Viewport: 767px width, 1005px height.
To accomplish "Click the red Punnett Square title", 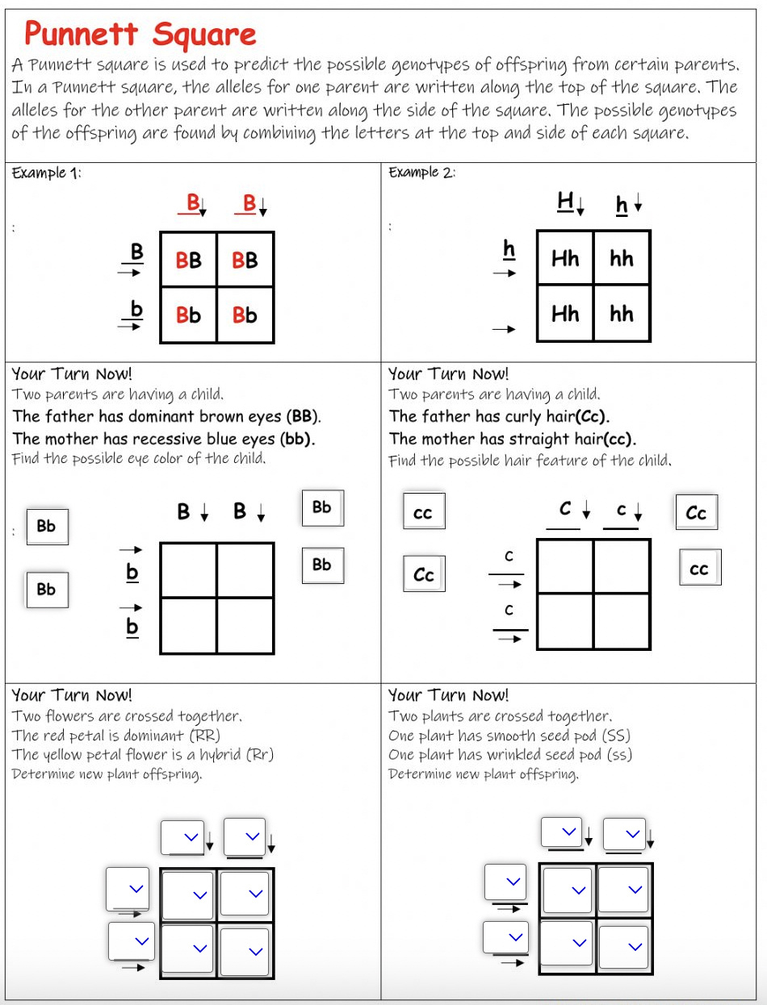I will pyautogui.click(x=140, y=34).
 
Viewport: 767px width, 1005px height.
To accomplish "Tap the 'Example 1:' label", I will pyautogui.click(x=46, y=173).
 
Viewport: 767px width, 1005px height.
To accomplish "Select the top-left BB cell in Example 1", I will pyautogui.click(x=189, y=260).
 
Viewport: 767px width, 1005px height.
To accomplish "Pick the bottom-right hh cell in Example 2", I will pyautogui.click(x=622, y=314).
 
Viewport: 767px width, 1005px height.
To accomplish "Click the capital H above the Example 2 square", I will pyautogui.click(x=565, y=202).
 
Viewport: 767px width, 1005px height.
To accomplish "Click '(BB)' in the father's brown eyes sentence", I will pyautogui.click(x=304, y=417).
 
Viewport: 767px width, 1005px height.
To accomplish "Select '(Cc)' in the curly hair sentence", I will pyautogui.click(x=590, y=417).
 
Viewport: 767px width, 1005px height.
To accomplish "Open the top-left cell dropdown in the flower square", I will pyautogui.click(x=189, y=894).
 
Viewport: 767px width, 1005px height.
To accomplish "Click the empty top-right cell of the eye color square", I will pyautogui.click(x=245, y=569).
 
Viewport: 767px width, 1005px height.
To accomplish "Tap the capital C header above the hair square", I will pyautogui.click(x=566, y=509).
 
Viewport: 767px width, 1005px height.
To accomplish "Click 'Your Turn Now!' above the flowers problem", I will pyautogui.click(x=72, y=695).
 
